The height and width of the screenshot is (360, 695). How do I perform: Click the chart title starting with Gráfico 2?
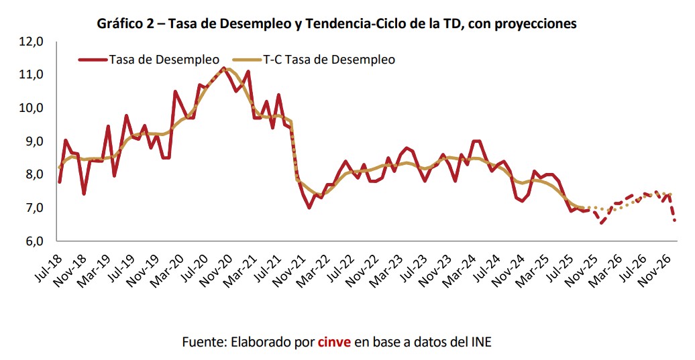click(337, 24)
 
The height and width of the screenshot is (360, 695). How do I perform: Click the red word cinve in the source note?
click(334, 342)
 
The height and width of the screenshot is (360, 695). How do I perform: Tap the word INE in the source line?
click(480, 342)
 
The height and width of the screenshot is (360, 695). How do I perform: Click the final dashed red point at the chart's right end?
click(674, 220)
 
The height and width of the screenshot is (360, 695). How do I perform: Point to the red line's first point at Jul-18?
click(60, 182)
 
